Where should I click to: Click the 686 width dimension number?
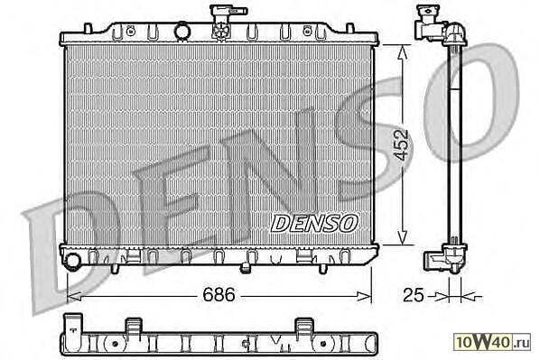[x=219, y=295]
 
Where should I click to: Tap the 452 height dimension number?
[x=402, y=145]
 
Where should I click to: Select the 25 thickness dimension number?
[x=414, y=295]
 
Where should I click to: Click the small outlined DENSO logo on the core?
[x=313, y=223]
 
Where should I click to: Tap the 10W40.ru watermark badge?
[x=493, y=342]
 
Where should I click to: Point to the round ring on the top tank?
[x=182, y=31]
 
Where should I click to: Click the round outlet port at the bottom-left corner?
[x=72, y=261]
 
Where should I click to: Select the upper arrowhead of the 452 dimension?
[x=402, y=51]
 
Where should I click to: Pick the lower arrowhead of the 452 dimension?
[x=402, y=238]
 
